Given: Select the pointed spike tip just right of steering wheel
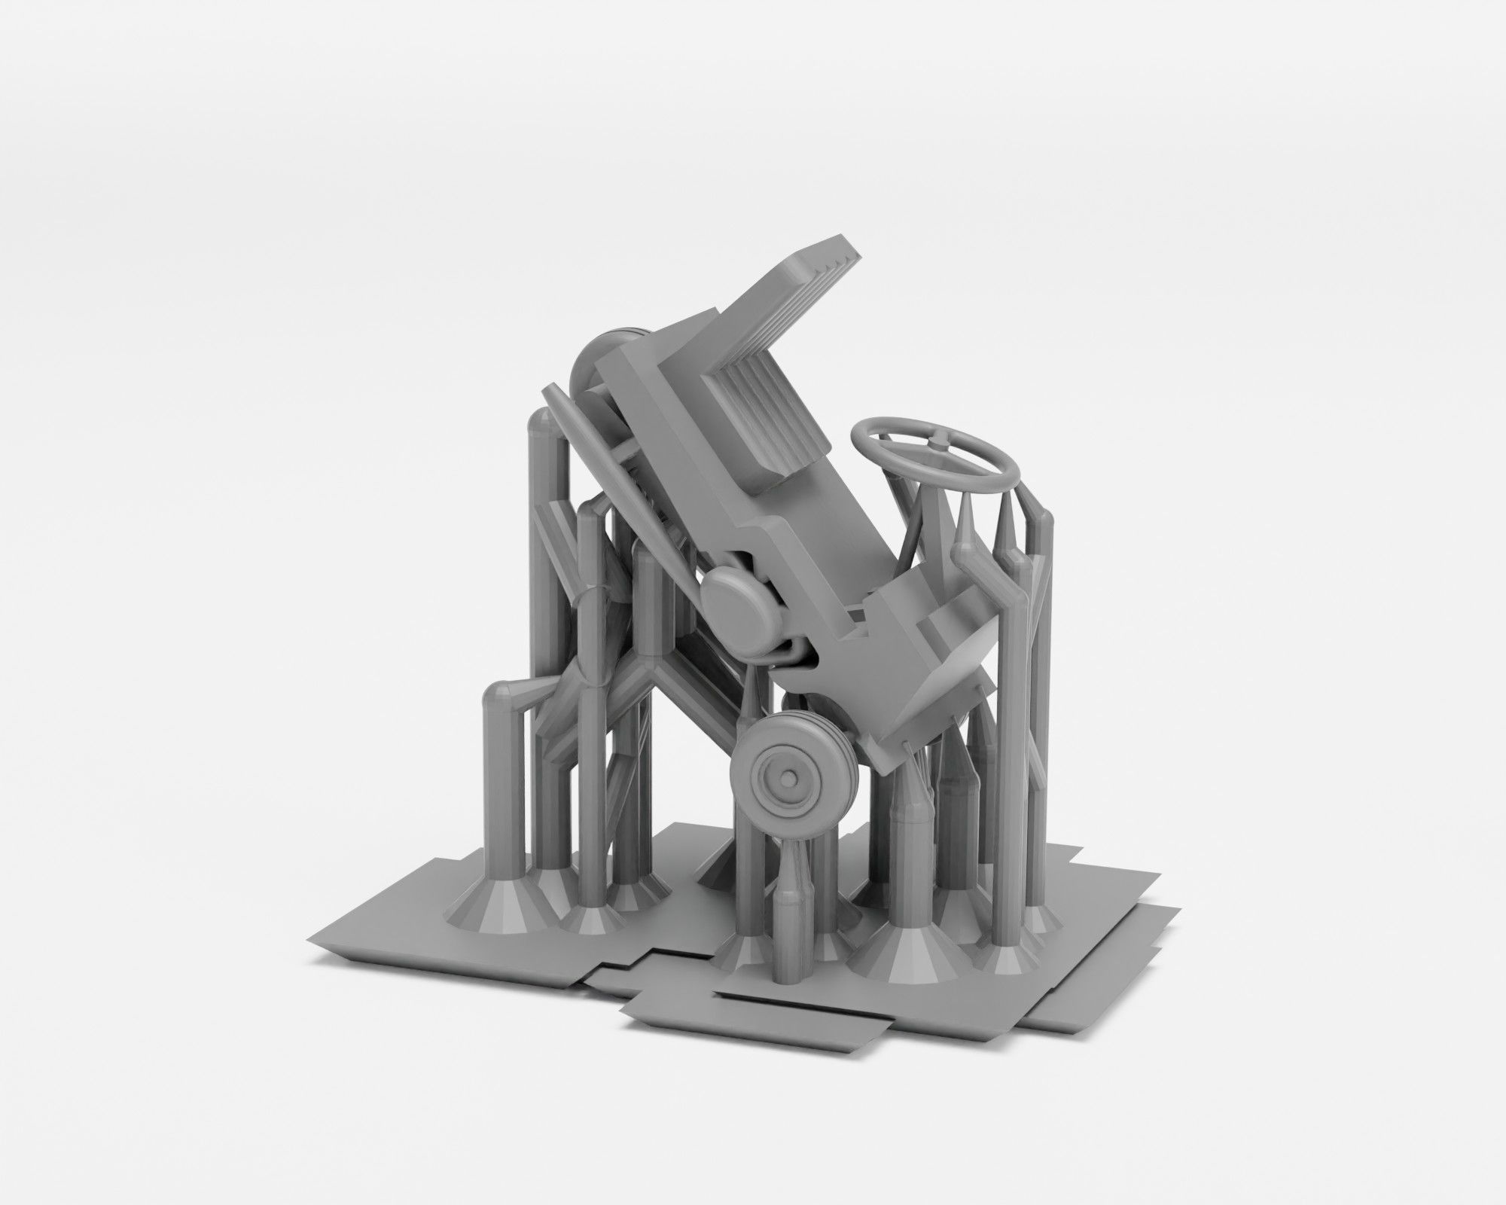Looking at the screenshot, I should pos(965,501).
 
